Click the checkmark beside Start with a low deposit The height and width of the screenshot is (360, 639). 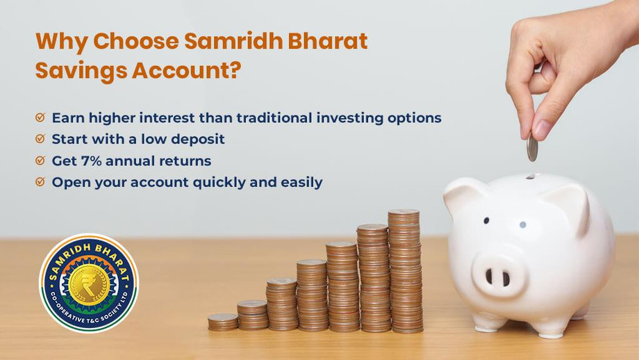[x=40, y=139]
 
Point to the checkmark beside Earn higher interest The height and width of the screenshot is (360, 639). [x=40, y=117]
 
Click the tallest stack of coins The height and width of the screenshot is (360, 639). [x=404, y=271]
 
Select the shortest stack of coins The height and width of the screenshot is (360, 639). [x=222, y=321]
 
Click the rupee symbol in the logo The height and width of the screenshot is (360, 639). [x=88, y=281]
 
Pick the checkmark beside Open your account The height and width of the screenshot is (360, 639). [x=40, y=182]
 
